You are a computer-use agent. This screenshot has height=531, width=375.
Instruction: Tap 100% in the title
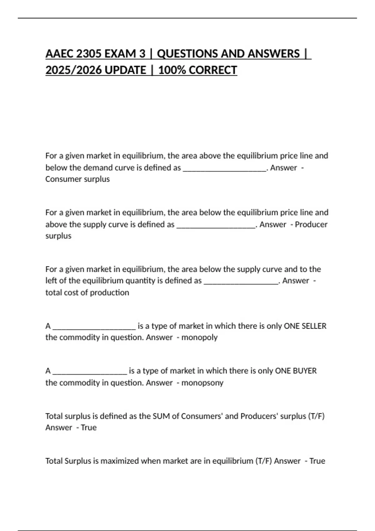172,70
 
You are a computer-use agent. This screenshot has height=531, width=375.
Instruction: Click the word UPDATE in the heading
125,70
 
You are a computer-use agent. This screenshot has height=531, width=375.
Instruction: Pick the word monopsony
202,383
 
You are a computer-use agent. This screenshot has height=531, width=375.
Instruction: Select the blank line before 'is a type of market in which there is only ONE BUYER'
90,372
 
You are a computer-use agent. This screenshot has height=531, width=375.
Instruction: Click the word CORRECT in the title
213,70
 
